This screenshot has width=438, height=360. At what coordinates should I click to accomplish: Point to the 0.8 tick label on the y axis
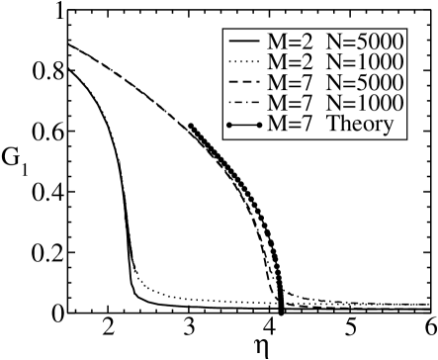42,72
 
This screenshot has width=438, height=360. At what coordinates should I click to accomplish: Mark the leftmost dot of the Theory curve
190,126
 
